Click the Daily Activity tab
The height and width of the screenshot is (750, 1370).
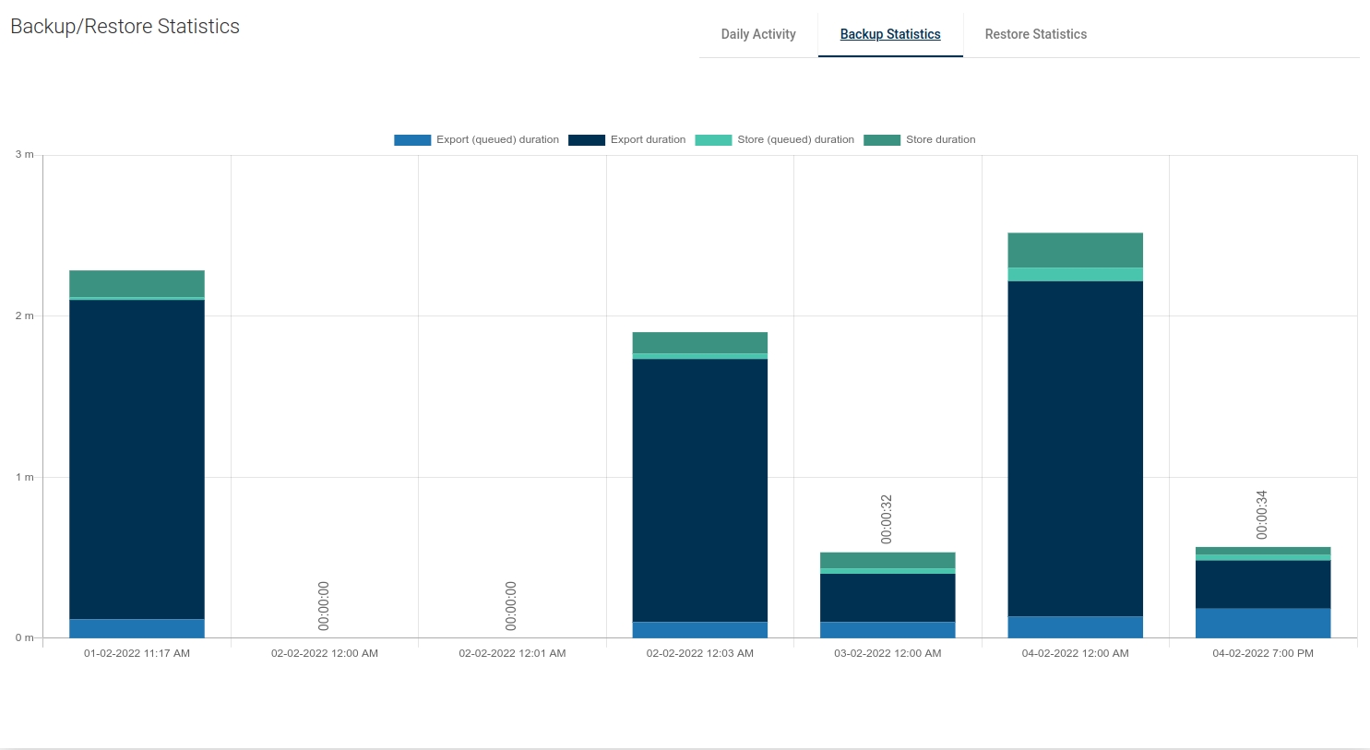point(757,34)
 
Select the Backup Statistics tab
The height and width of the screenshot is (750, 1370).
point(890,34)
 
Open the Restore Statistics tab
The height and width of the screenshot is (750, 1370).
point(1035,34)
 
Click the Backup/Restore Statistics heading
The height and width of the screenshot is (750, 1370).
point(125,27)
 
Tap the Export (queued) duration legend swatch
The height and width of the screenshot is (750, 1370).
point(412,140)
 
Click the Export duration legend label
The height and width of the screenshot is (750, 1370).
point(648,140)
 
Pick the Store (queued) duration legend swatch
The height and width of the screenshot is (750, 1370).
point(713,140)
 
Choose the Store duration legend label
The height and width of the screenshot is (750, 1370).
point(940,140)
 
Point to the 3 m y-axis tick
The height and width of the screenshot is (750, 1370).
point(24,155)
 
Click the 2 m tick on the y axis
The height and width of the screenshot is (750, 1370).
point(24,315)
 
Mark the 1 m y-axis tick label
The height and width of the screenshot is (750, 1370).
point(24,477)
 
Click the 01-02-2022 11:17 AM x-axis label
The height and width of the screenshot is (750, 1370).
point(137,653)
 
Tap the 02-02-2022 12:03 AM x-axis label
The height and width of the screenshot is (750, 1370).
point(699,653)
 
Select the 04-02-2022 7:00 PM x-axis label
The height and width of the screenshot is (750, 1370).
point(1263,653)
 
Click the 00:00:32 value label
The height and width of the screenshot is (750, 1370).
point(887,519)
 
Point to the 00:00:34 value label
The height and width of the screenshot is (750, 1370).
point(1262,515)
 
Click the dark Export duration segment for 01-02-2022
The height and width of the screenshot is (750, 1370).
point(137,458)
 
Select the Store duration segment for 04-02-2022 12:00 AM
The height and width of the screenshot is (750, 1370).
point(1075,250)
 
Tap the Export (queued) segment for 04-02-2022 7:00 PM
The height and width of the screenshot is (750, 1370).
point(1263,623)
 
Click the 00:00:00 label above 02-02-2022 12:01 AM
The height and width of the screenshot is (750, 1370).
point(511,606)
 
